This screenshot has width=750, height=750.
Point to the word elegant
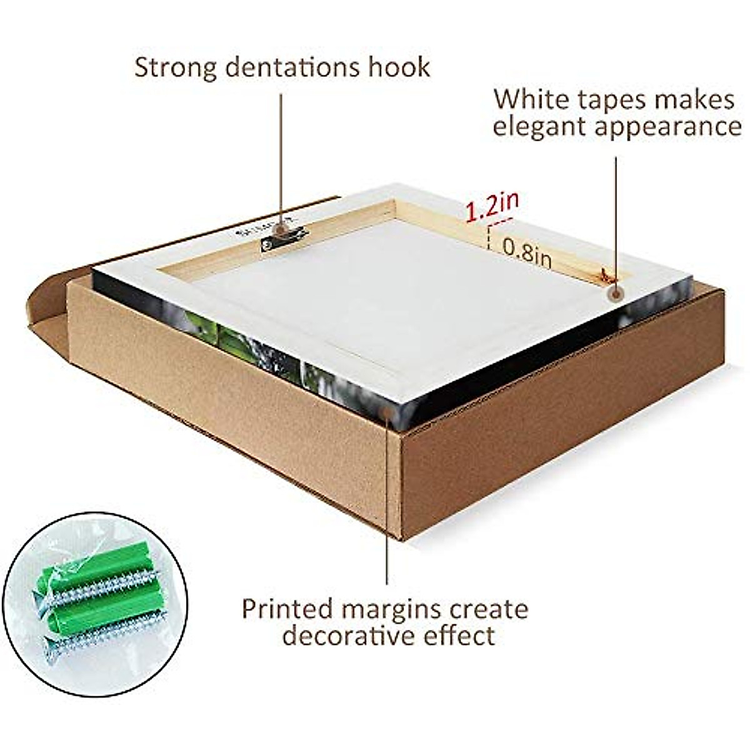pos(537,127)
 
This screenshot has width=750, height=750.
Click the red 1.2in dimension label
pos(492,206)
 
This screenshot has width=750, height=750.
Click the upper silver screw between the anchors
pos(106,591)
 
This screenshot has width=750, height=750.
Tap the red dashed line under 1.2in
pos(501,219)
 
